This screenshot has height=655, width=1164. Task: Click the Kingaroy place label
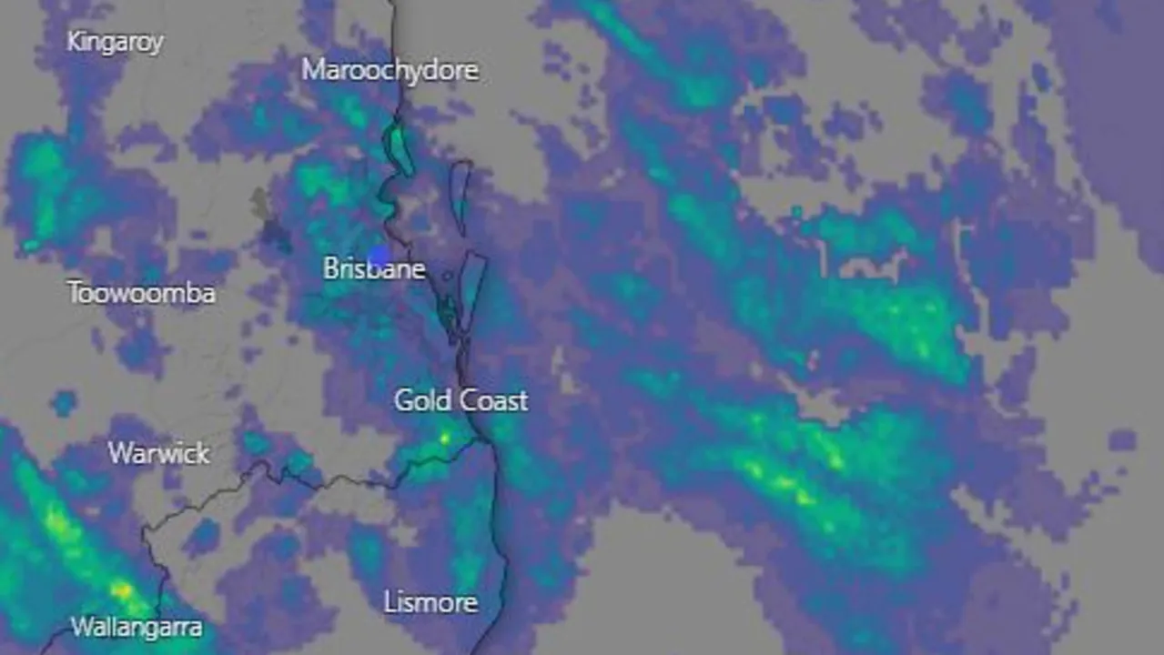[x=115, y=42]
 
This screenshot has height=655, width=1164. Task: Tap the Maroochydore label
[x=390, y=70]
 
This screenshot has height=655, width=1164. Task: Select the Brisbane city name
[x=374, y=269]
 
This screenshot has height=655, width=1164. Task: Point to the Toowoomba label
[x=141, y=293]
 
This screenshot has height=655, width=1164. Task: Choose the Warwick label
[x=159, y=453]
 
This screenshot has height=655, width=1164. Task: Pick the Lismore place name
[x=430, y=602]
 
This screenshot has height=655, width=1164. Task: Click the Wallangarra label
[x=137, y=627]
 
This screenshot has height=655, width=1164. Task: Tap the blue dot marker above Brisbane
[x=379, y=256]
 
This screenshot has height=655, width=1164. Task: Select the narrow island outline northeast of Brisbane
[x=461, y=195]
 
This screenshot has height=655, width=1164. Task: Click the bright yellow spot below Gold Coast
[x=444, y=438]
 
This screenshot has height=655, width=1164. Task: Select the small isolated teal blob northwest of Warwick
[x=64, y=402]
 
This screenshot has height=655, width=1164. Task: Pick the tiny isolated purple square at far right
[x=1122, y=440]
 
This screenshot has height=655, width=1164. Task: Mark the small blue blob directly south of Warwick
[x=201, y=536]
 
